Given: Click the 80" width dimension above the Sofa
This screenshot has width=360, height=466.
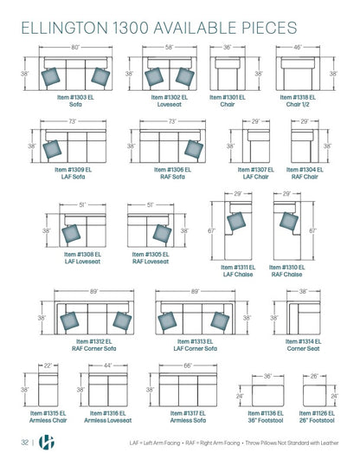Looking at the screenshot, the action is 75,47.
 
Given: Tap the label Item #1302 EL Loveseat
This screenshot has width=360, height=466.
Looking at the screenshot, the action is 170,100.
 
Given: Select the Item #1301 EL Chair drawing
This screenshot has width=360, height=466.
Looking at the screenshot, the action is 228,73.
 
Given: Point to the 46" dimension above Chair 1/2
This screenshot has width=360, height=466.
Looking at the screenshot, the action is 298,47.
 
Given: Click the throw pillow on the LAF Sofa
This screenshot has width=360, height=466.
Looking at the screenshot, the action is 52,149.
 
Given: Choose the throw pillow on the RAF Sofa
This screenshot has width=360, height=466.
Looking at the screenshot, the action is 194,149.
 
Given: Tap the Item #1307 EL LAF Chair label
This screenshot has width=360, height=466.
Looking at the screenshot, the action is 256,173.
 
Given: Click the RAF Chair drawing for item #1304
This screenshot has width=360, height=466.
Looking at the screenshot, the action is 305,146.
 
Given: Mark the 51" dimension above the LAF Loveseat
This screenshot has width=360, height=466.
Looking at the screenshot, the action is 82,204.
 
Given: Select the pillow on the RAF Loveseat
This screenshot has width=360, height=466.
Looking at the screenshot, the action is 162,234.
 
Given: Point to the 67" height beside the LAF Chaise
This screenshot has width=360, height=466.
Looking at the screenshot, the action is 211,230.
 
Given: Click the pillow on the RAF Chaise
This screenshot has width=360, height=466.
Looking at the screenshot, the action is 289,221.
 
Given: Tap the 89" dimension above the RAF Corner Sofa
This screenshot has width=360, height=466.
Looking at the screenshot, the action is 93,292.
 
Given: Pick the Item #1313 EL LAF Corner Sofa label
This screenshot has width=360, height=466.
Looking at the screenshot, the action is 196,345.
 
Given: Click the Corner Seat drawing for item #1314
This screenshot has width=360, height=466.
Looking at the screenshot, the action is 303,318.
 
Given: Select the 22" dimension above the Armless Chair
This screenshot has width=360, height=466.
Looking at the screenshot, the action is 48,366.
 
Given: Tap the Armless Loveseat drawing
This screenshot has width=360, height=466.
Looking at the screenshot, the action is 108,390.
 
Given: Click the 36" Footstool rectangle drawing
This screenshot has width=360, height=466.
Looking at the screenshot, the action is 267,396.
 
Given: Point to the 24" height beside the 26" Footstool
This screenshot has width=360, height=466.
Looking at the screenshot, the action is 334,396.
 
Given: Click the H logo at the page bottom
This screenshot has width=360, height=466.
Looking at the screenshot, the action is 47,443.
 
